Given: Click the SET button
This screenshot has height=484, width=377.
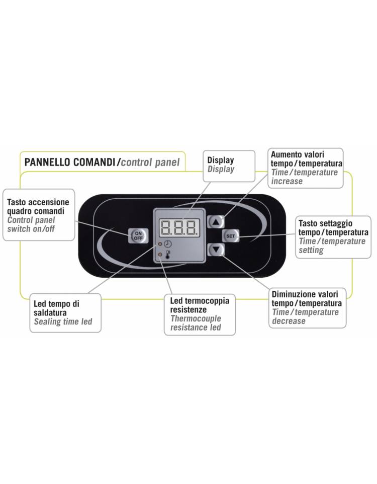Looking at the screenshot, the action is point(230,236).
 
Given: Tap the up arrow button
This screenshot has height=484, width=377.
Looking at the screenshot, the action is point(216,222).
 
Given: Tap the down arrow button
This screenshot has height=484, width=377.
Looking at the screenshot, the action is point(216,250).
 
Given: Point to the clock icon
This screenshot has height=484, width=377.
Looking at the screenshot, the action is point(167,244).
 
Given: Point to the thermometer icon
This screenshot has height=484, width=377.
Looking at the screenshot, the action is point(168,254).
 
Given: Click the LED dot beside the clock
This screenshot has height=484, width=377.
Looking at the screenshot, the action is point(160,244).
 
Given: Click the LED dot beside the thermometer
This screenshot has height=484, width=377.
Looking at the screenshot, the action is point(160,255).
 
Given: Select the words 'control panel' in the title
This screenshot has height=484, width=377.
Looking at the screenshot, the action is point(150,162).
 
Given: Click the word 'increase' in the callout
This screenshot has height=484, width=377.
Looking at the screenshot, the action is point(287,181).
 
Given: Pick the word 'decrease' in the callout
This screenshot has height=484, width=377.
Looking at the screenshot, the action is point(289,321).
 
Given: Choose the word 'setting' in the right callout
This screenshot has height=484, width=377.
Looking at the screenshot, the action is point(311,250).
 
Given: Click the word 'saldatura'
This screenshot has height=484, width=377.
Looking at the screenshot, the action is point(50,312).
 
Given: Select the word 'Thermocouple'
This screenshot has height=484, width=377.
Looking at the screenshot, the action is point(196,318).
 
